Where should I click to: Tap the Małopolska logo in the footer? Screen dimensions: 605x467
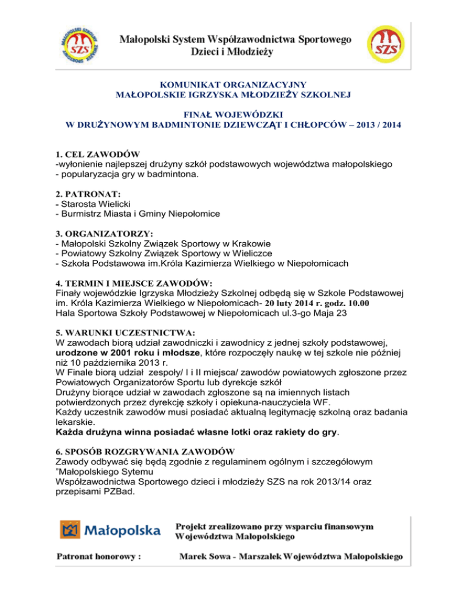[x=110, y=530]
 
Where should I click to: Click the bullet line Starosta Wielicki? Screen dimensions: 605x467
[x=95, y=203]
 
